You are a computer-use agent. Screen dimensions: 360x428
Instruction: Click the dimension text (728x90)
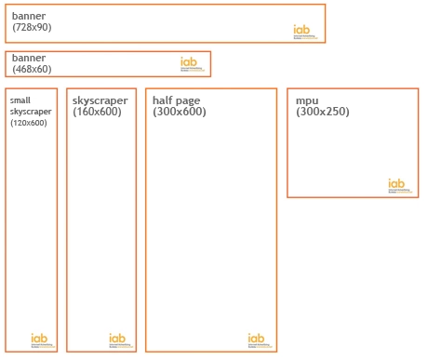[32, 27]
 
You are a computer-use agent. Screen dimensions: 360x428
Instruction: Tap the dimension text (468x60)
[32, 69]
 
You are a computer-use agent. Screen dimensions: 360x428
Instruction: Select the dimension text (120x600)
[29, 123]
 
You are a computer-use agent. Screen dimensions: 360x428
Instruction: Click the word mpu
[307, 100]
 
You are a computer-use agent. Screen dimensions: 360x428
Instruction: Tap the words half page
[177, 100]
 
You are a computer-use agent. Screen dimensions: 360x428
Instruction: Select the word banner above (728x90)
[29, 16]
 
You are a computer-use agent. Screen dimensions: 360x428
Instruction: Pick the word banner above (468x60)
[29, 58]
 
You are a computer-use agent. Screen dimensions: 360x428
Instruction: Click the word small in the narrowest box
[20, 100]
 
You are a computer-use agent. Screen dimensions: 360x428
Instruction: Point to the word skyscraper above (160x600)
[100, 100]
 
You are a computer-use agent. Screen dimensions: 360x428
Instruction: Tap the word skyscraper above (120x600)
[31, 112]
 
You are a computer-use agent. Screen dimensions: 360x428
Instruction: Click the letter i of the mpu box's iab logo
[392, 184]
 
